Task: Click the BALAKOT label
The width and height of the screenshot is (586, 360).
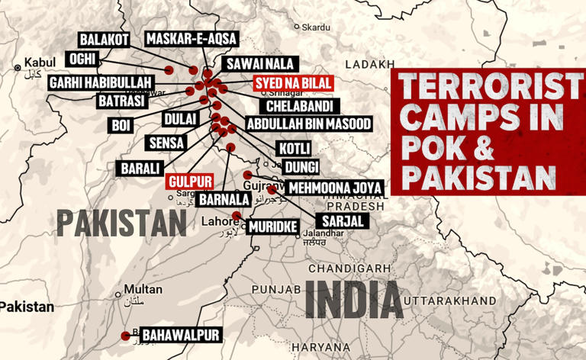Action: (104, 40)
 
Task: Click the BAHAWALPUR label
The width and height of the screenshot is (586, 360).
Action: (181, 336)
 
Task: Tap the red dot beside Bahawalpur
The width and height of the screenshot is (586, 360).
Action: (126, 336)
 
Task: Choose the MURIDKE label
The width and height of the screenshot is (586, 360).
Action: (272, 227)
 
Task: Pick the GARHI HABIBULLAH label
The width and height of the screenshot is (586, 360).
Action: (101, 82)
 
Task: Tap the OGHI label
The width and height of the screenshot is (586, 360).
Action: (81, 59)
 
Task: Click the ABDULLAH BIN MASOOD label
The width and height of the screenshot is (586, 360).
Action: (308, 124)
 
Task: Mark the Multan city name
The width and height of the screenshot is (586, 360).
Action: (143, 290)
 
